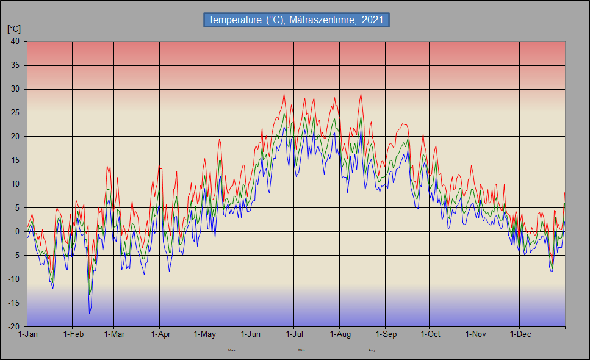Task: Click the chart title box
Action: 296,20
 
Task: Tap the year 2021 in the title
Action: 373,20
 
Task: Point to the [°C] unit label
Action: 13,29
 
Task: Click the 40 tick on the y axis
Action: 15,41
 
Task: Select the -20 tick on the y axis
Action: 13,326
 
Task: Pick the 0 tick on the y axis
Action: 17,231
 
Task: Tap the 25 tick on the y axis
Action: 15,113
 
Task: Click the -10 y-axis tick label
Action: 13,279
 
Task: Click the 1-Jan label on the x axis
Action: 27,334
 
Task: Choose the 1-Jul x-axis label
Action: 295,334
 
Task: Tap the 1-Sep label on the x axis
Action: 386,334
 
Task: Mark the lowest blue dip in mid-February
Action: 90,314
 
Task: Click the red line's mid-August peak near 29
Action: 361,94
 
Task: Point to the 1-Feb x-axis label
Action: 73,334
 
